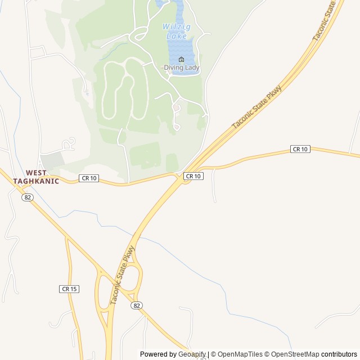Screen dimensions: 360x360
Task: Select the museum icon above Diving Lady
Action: (181, 60)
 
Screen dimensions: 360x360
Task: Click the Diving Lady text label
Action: (182, 67)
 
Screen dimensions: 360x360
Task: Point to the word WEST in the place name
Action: (37, 173)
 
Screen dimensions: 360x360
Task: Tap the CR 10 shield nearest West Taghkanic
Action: (89, 178)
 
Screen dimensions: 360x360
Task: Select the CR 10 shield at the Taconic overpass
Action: (193, 176)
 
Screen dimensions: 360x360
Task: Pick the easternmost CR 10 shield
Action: (300, 149)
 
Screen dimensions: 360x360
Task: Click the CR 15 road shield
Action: (69, 289)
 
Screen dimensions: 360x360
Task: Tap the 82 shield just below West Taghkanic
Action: (27, 197)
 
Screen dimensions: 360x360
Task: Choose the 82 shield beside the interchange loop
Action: (136, 305)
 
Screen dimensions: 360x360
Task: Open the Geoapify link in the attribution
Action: (192, 354)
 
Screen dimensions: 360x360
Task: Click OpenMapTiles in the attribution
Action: (240, 354)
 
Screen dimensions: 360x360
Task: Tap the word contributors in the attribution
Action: (339, 354)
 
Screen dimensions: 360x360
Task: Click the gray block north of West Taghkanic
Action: (52, 161)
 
